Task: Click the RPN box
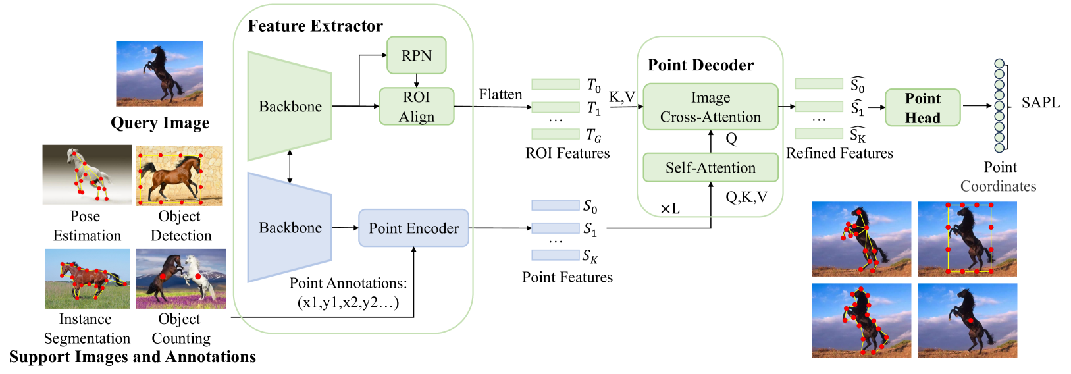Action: point(416,55)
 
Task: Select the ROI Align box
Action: point(416,106)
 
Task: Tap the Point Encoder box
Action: point(413,228)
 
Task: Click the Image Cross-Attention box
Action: point(710,107)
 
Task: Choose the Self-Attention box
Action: point(710,167)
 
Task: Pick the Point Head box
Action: point(922,107)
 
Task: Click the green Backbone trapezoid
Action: point(290,106)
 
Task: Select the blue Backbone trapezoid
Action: point(290,227)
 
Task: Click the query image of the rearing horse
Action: point(160,74)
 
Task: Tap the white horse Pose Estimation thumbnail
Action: point(87,174)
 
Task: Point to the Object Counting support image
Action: point(181,279)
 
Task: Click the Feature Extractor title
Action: point(315,26)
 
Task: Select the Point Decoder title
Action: point(700,65)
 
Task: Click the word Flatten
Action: point(500,94)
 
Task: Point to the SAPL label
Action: point(1041,102)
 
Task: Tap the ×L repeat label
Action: point(670,209)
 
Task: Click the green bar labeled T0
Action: point(556,84)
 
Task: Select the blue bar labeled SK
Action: point(556,255)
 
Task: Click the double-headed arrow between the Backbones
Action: point(290,167)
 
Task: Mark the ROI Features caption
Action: point(567,153)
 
